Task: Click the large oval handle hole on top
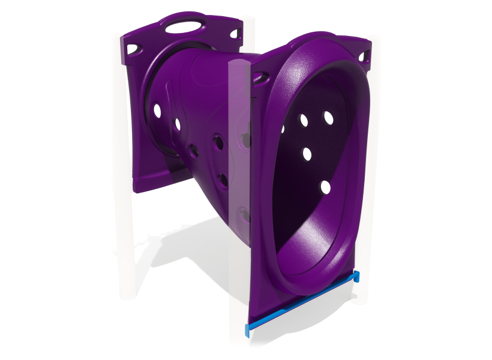point(184,26)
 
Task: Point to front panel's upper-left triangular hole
point(260,77)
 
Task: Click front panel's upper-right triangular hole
point(362,56)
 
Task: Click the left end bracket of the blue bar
point(248,328)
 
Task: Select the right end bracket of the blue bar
point(356,276)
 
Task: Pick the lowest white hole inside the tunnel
point(325,188)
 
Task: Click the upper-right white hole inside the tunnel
point(328,118)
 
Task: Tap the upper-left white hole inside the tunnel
point(304,121)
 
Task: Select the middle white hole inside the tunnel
point(307,154)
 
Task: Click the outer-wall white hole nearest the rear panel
point(157,111)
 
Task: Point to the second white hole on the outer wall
point(178,124)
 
